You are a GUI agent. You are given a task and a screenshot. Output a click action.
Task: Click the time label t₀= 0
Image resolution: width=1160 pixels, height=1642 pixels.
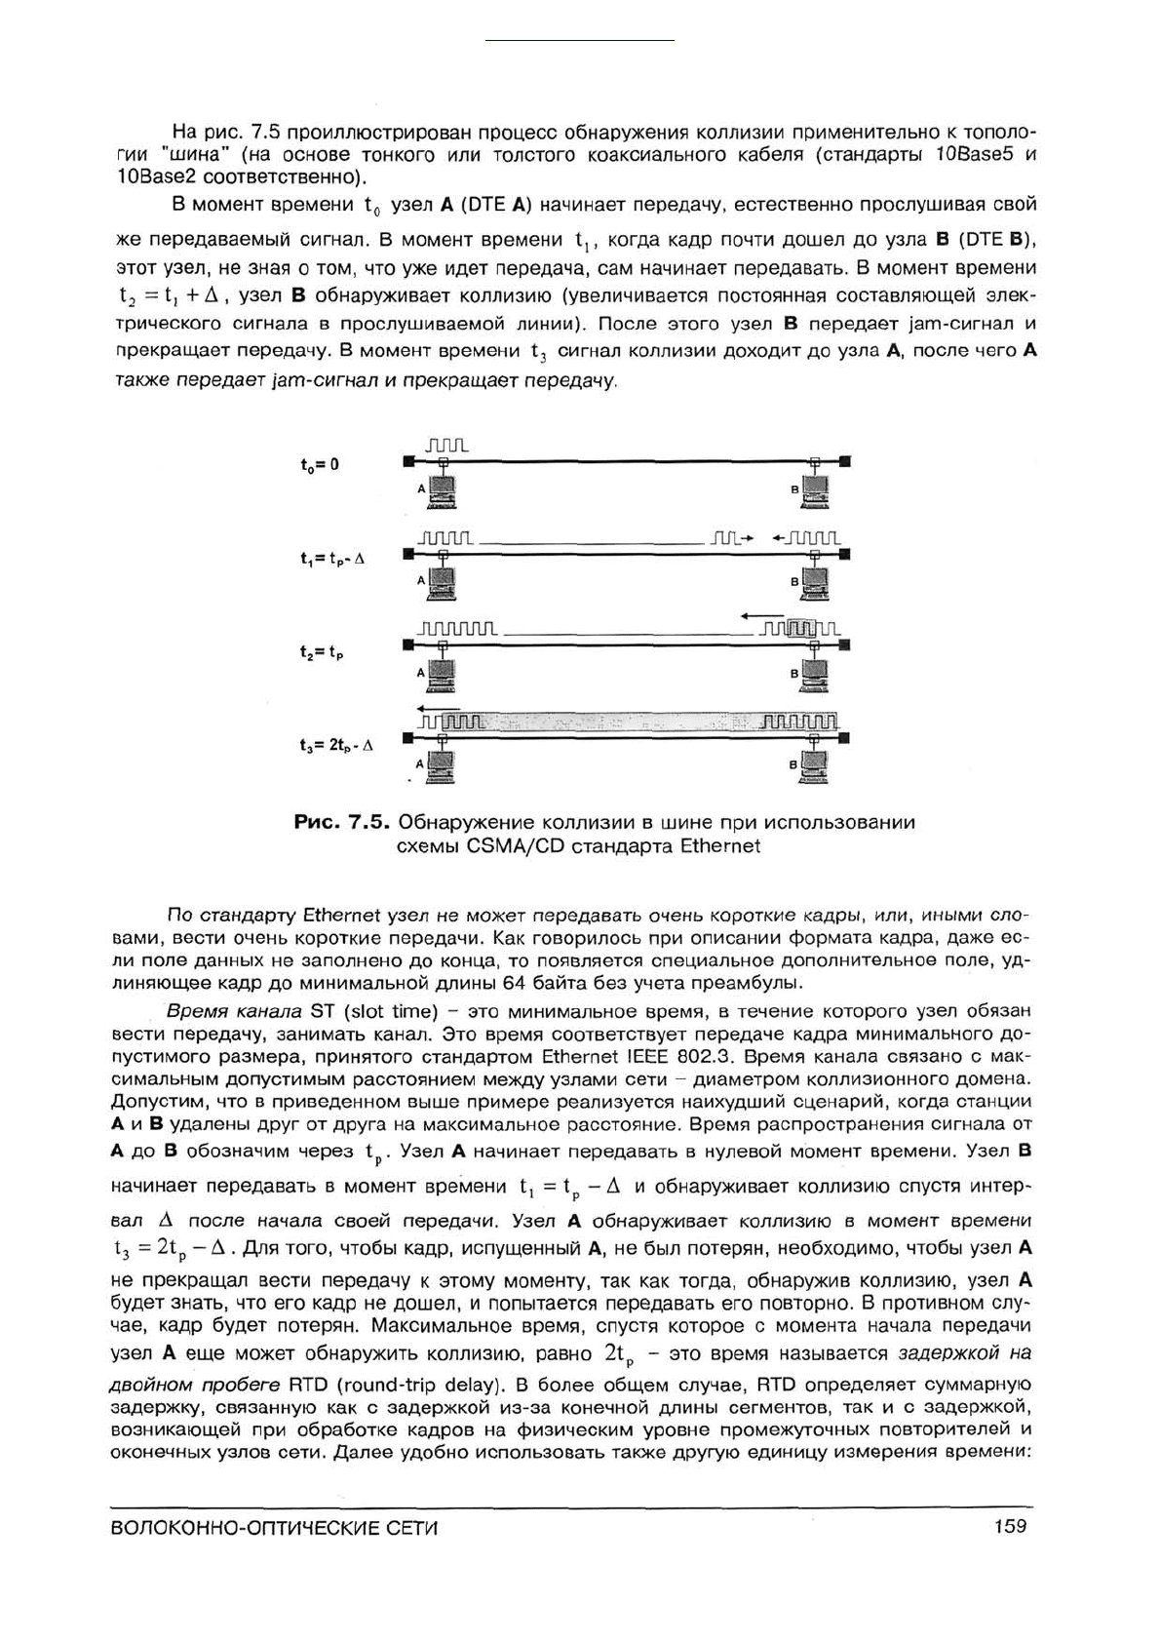(x=320, y=465)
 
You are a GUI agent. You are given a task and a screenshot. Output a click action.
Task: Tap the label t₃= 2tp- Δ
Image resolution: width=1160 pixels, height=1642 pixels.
(x=336, y=745)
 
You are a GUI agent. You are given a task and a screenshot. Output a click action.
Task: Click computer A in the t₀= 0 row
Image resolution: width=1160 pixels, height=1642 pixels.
(x=444, y=490)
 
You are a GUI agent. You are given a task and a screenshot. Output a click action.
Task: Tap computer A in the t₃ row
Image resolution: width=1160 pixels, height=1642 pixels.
(x=444, y=767)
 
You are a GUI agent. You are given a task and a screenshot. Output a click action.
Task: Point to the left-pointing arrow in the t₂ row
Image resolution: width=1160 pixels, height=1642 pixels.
(x=757, y=615)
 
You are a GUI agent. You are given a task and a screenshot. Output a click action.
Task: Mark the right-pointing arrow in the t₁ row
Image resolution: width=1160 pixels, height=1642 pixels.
(x=748, y=537)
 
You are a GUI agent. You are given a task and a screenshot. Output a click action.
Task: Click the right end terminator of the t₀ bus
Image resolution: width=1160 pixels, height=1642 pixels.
(x=844, y=460)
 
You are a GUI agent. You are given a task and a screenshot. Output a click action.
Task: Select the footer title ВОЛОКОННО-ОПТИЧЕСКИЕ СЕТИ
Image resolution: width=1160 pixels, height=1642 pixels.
(x=276, y=1528)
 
